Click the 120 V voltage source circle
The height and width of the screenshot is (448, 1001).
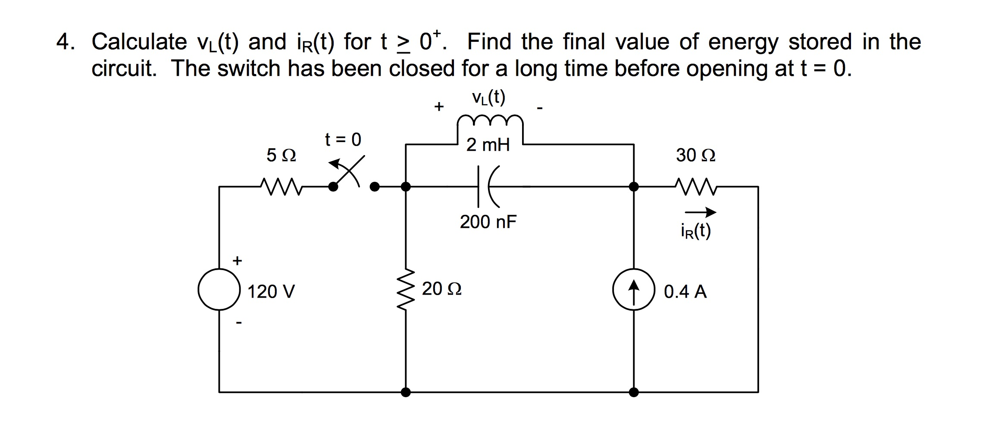(x=219, y=289)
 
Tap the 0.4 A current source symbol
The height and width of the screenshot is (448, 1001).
(x=633, y=289)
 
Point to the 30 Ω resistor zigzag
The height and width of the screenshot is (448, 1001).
(x=696, y=187)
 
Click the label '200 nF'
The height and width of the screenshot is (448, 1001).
(x=488, y=222)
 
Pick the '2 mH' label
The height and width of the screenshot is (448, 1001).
(x=488, y=145)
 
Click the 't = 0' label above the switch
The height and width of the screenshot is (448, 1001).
(x=343, y=140)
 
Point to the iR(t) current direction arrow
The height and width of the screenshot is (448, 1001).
(x=700, y=212)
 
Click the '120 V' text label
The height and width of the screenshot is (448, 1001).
(x=271, y=292)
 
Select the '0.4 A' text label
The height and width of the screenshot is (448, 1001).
(x=685, y=292)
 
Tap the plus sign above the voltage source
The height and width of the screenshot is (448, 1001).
(x=237, y=261)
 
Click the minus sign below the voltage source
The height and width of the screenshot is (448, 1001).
(x=239, y=322)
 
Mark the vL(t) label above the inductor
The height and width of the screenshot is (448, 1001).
(x=488, y=98)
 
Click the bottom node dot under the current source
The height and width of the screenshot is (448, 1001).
(x=633, y=392)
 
